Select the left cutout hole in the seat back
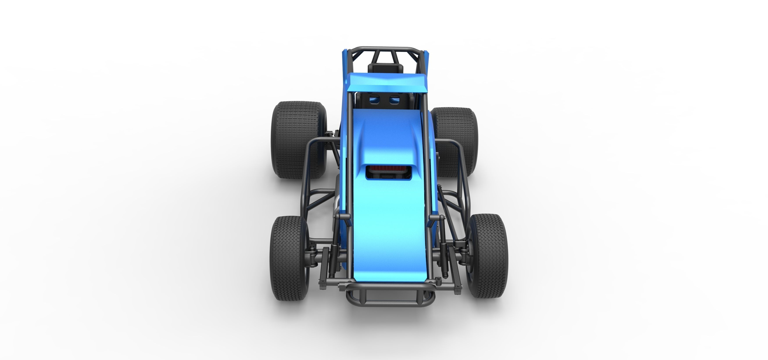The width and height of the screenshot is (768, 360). [374, 99]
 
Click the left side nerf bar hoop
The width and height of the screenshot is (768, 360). [310, 173]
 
